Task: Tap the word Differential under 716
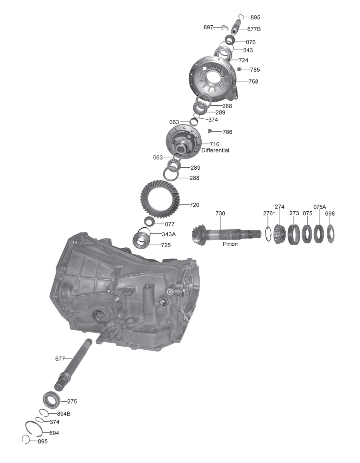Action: point(215,150)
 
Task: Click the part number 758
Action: point(253,81)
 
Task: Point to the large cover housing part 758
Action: point(212,78)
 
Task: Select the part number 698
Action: point(330,213)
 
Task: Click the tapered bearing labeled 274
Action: point(280,234)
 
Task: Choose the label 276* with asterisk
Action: point(269,213)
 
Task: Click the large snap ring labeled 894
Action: point(34,428)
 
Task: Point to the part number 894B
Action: point(64,413)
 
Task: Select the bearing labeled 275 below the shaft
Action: point(52,399)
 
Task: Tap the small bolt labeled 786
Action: point(209,130)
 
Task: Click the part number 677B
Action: point(254,29)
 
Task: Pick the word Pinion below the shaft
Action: point(230,244)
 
